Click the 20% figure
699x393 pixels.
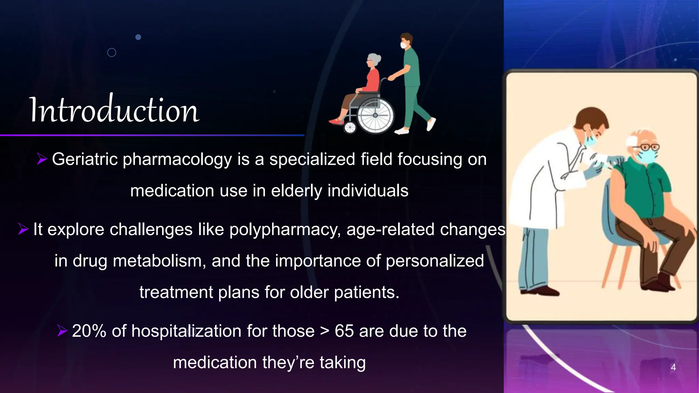pos(89,331)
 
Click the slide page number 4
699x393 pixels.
pos(673,367)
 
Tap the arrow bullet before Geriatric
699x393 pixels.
pos(42,159)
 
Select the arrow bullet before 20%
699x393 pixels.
pos(62,331)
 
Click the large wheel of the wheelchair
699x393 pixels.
pos(375,115)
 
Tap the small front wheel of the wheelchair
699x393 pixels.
pos(350,128)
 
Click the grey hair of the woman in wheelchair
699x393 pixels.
pos(374,59)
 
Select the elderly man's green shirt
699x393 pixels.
pos(645,191)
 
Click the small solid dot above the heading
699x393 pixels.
pos(138,37)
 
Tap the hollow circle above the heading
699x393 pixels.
pos(112,53)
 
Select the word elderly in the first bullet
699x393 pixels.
pos(296,191)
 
